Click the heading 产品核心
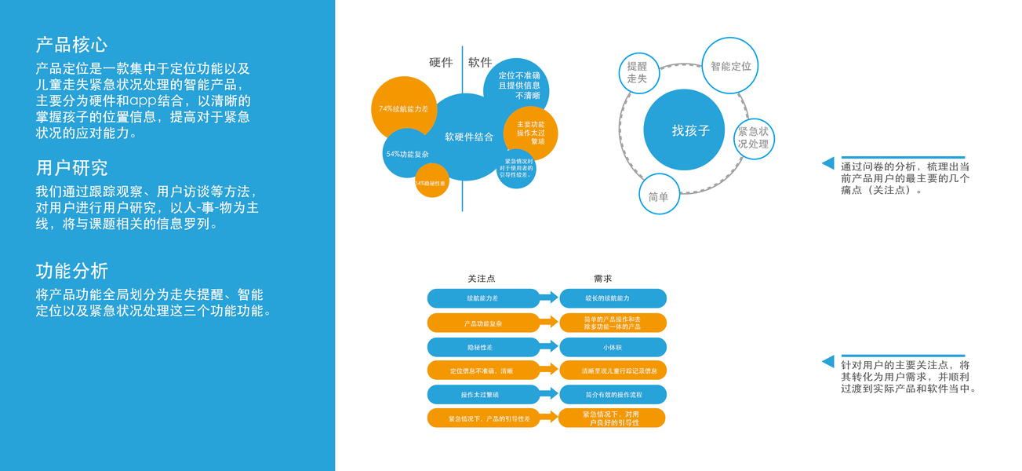72,44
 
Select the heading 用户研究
72,168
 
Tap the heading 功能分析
72,271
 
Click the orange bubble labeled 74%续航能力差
403,109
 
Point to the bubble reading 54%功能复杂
407,155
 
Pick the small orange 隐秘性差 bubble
431,182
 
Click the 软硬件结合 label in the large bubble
469,137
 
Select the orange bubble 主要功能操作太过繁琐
530,133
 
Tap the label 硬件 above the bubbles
441,63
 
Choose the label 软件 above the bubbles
480,63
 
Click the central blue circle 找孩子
684,130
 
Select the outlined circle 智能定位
730,67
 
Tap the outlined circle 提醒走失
637,73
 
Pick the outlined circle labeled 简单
659,196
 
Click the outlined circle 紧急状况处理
753,138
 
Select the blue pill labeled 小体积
613,348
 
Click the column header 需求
602,279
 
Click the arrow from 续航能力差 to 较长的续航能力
549,298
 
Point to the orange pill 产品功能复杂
482,323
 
